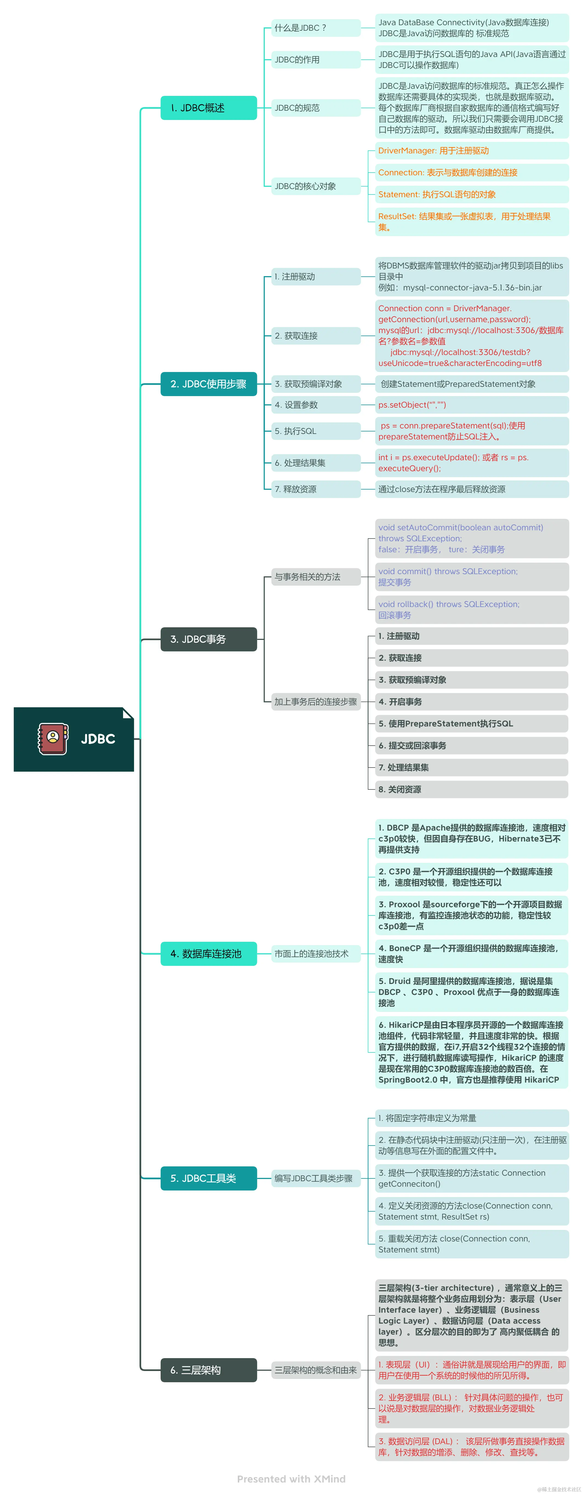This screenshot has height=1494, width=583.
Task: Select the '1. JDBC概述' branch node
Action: tap(208, 108)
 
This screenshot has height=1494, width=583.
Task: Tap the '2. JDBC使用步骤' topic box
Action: tap(208, 384)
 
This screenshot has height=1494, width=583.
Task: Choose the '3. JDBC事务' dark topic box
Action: tap(208, 639)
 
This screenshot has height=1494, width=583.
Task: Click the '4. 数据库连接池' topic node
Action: tap(208, 954)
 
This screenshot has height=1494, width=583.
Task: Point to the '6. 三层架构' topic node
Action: tap(208, 1370)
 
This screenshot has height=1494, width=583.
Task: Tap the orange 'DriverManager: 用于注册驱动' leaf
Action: tap(471, 151)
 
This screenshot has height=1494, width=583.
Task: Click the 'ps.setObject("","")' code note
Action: tap(471, 405)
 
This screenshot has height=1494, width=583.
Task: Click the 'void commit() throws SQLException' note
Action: tap(471, 577)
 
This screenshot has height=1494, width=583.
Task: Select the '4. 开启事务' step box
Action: tap(471, 702)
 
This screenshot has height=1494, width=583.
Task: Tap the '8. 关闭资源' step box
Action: tap(471, 789)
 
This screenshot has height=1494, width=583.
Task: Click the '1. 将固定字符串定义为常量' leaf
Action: tap(471, 1118)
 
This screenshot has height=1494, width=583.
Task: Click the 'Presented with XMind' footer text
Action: tap(291, 1479)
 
